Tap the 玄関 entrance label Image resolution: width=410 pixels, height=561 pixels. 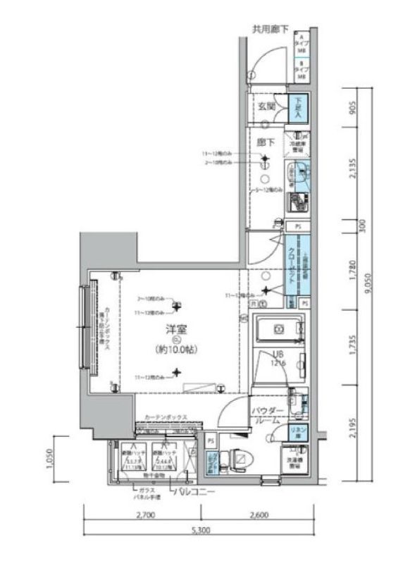click(266, 107)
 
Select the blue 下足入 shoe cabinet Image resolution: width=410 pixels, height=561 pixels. click(297, 106)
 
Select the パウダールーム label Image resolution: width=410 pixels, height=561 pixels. click(268, 414)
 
